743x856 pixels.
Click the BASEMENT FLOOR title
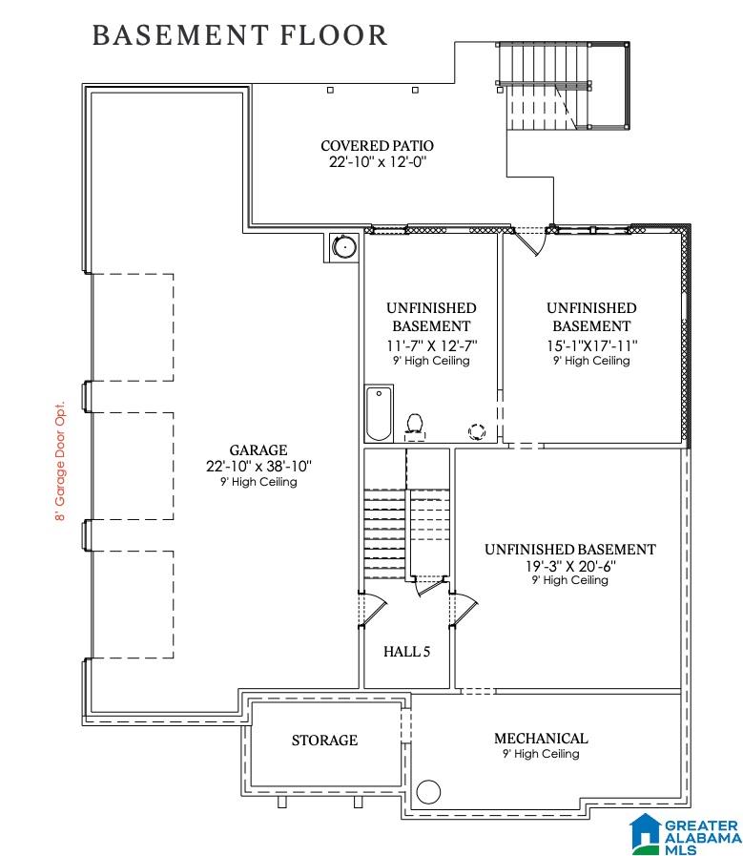coord(240,35)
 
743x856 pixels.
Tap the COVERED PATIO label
coord(378,146)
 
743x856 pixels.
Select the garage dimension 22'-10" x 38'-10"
coord(258,467)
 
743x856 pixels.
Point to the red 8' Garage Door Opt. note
coord(60,461)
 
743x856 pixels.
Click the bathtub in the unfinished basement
coord(379,413)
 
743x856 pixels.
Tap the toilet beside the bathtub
coord(415,426)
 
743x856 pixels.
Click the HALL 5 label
coord(406,651)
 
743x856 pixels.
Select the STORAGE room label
coord(324,741)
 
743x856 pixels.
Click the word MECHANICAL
coord(541,738)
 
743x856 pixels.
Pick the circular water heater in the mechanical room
coord(428,791)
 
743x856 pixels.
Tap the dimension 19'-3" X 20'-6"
coord(570,566)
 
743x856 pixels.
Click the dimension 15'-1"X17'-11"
coord(592,345)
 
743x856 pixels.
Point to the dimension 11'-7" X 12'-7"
coord(431,345)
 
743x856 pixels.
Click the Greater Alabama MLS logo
coord(685,835)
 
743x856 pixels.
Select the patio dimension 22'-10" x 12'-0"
coord(378,162)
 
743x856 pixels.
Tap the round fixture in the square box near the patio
coord(344,247)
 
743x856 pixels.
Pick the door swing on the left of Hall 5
coord(374,611)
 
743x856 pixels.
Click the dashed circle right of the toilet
coord(477,432)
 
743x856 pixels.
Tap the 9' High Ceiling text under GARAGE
coord(258,482)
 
